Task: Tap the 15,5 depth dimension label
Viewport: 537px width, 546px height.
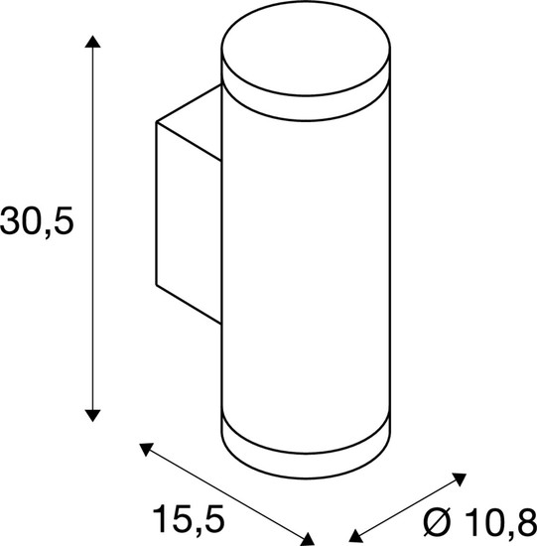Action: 187,517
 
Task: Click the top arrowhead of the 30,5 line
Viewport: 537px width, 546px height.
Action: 92,41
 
